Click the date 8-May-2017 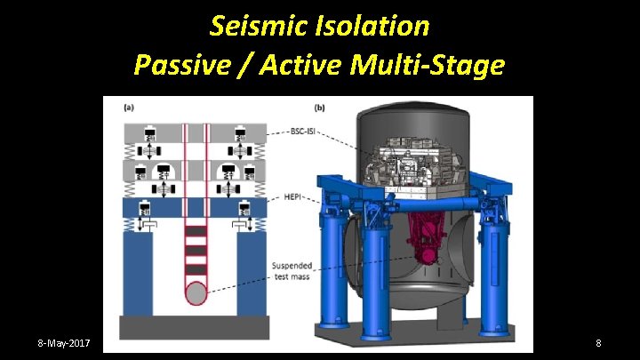click(69, 342)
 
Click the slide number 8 click(599, 342)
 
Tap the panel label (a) click(130, 108)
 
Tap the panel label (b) click(318, 108)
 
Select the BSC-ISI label click(299, 130)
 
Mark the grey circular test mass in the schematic click(195, 292)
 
